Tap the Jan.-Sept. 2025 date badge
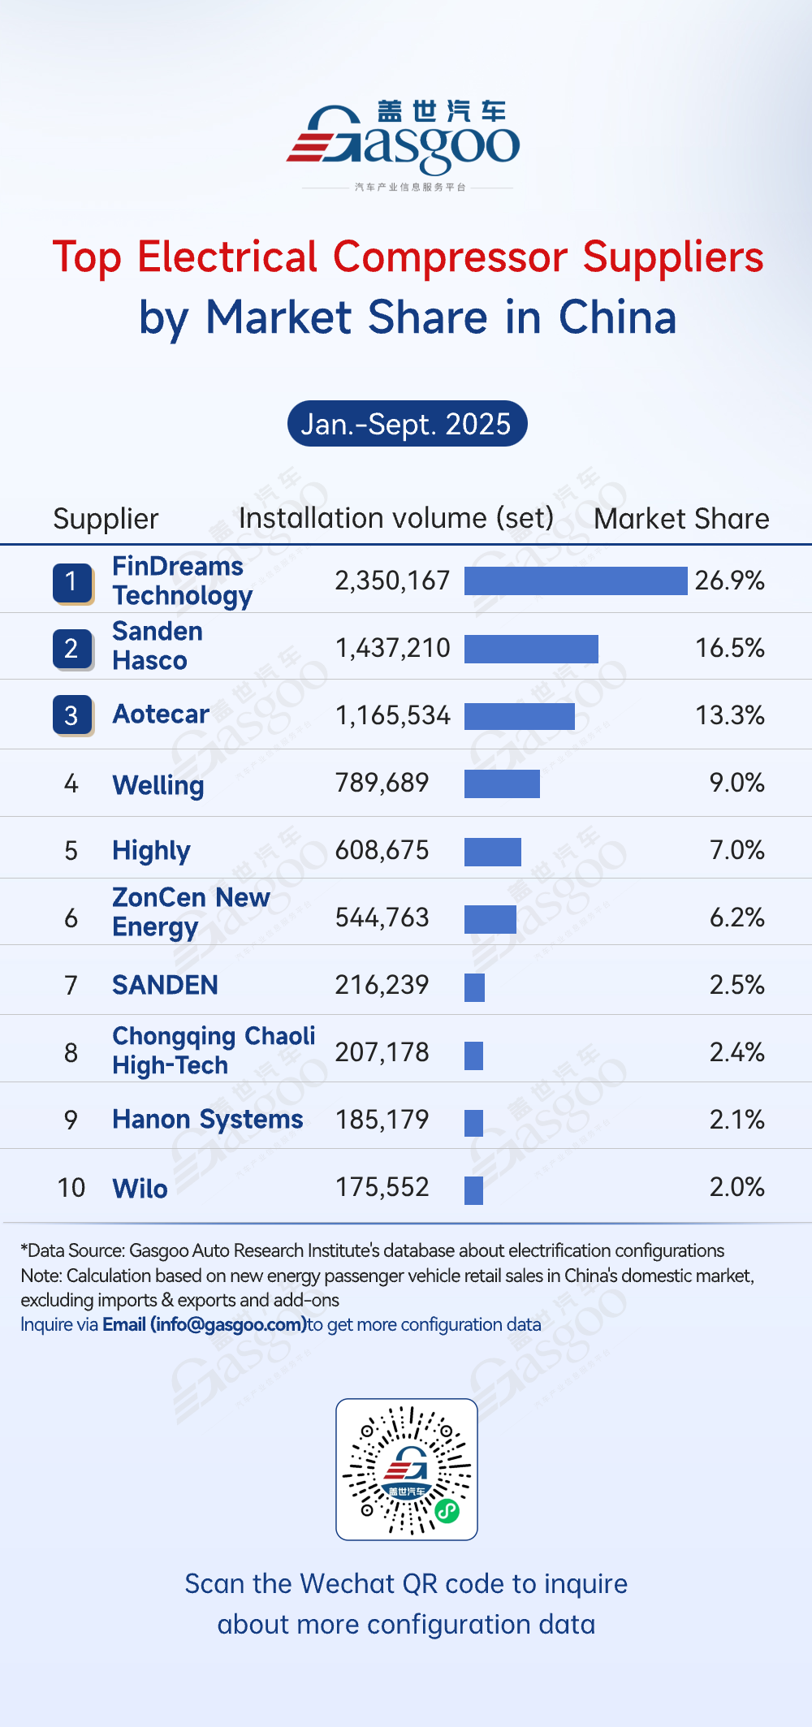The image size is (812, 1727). pos(407,424)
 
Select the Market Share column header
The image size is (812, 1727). pos(681,519)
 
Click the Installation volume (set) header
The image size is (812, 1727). pos(396,518)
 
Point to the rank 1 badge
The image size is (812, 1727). pos(72,582)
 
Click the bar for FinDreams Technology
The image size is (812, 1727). pos(575,581)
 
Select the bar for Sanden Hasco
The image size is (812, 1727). pos(531,649)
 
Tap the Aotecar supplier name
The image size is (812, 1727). pos(161,715)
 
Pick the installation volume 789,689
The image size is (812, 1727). pos(382,783)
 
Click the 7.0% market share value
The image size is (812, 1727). pos(736,850)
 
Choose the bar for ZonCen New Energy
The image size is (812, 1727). pos(490,919)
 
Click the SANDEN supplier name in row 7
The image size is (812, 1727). pos(165,986)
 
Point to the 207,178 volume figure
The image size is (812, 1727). pos(382,1052)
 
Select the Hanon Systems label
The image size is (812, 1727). pos(207,1120)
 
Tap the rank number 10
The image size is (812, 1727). pos(71,1188)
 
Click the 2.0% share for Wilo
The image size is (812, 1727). pos(736,1187)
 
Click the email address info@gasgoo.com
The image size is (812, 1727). pos(228,1324)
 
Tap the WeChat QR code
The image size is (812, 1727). pos(407,1469)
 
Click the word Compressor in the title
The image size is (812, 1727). pos(450,257)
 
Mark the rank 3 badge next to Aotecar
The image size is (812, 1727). pos(72,715)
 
